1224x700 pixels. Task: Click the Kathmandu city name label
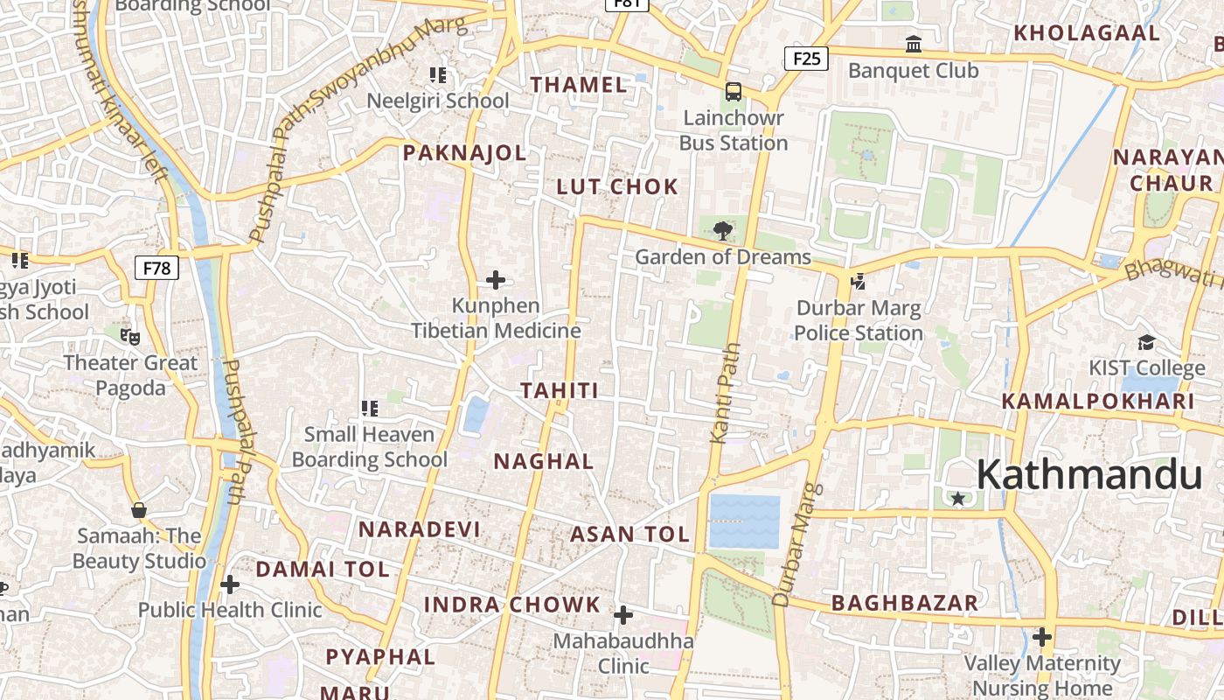click(x=1089, y=475)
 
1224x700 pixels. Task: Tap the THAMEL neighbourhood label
click(x=579, y=85)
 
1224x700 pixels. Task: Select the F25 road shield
click(x=805, y=59)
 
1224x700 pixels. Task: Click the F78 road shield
click(x=156, y=268)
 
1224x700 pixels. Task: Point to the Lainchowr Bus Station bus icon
click(x=734, y=92)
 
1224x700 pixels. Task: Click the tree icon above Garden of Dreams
click(x=722, y=231)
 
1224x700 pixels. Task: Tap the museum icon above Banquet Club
click(x=914, y=44)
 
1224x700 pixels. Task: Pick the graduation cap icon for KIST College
click(x=1146, y=342)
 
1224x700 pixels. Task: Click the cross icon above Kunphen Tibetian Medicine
click(x=496, y=280)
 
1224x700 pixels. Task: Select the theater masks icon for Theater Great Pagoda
click(x=130, y=336)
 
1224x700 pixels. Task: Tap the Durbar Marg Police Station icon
click(x=858, y=282)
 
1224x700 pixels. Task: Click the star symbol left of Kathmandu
click(x=958, y=499)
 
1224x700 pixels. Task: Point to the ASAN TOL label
click(x=629, y=535)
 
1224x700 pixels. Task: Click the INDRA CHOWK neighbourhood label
click(x=512, y=605)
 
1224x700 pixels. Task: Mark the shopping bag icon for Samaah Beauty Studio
click(x=138, y=510)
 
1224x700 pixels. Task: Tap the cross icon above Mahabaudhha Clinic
click(x=623, y=616)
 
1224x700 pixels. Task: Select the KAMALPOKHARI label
click(x=1097, y=402)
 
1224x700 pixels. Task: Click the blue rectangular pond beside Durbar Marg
click(x=744, y=521)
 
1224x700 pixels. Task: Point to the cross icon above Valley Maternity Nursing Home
click(x=1041, y=637)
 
